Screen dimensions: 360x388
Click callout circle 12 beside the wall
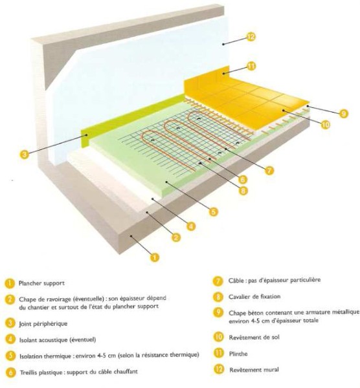pos(251,37)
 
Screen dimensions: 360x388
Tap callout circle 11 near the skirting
pos(251,67)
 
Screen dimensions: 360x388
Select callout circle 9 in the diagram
pos(343,114)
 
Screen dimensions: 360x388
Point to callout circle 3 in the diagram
pos(24,155)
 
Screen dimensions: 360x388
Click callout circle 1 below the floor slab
pos(154,257)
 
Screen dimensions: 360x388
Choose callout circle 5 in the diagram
pos(213,211)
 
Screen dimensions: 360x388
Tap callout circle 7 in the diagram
pos(269,171)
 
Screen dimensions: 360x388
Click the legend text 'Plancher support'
pos(41,283)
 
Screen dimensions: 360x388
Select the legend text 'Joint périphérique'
pos(43,324)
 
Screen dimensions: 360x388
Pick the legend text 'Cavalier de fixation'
pos(254,296)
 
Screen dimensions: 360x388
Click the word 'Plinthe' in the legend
pos(238,354)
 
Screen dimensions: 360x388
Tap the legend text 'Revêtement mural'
pos(254,370)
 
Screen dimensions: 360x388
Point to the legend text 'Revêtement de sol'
pos(254,338)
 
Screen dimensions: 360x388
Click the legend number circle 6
pos(10,372)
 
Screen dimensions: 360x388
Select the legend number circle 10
pos(218,337)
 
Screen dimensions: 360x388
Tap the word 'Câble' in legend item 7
pos(236,281)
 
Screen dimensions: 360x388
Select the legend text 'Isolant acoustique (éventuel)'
pos(58,340)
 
